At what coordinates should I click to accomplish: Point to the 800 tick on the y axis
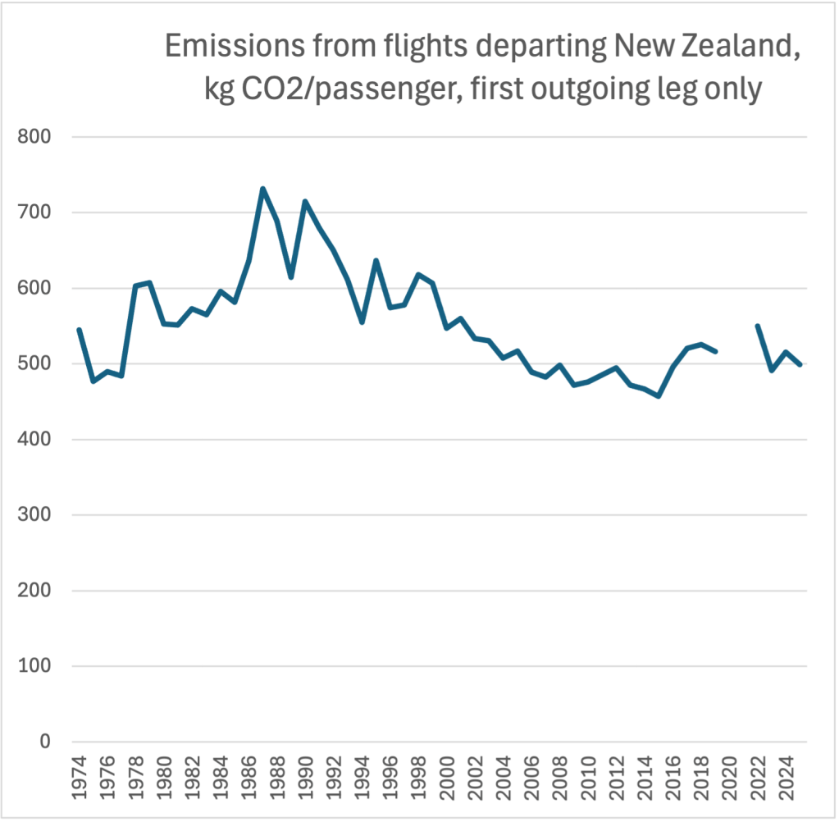pyautogui.click(x=34, y=137)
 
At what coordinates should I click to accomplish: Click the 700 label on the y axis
pyautogui.click(x=34, y=212)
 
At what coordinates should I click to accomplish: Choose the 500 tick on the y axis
pyautogui.click(x=34, y=363)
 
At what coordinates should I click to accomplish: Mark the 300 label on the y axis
pyautogui.click(x=34, y=515)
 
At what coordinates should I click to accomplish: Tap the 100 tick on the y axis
pyautogui.click(x=34, y=666)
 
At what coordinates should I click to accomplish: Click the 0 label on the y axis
pyautogui.click(x=46, y=742)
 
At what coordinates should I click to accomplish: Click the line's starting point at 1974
pyautogui.click(x=79, y=330)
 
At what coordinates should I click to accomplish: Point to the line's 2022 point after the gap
pyautogui.click(x=758, y=326)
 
